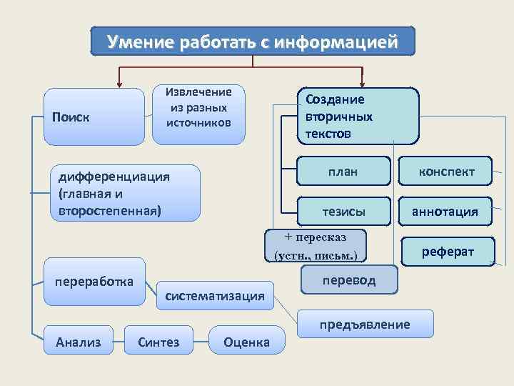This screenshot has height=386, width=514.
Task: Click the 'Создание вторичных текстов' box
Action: coord(358,116)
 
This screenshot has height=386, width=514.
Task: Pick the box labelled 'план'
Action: coord(343,171)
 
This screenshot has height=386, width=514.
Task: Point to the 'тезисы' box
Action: coord(343,211)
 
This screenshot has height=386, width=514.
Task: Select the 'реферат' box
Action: coord(448,251)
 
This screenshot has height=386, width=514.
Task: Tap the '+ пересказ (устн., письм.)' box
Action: coord(316,245)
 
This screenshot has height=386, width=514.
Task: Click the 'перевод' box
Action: coord(349,280)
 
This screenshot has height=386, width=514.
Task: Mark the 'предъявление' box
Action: coord(365,324)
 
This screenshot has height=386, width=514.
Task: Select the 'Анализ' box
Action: coord(78,341)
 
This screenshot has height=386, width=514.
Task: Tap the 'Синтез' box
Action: coord(158,341)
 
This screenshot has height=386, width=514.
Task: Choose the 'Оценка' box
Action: coord(246,341)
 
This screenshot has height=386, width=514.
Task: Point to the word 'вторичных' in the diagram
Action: coord(339,117)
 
